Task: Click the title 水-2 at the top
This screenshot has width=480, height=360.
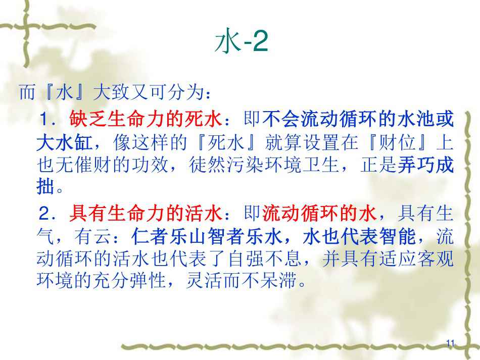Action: pyautogui.click(x=241, y=41)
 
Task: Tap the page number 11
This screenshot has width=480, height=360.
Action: pyautogui.click(x=450, y=343)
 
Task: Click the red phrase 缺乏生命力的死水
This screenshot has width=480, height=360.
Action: pyautogui.click(x=146, y=119)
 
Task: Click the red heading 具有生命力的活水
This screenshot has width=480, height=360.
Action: pyautogui.click(x=146, y=213)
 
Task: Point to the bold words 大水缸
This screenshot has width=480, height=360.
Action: pyautogui.click(x=65, y=142)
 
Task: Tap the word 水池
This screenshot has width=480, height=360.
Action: pyautogui.click(x=416, y=119)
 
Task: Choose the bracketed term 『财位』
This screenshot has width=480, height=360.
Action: pyautogui.click(x=397, y=142)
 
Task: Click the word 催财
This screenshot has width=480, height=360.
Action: pyautogui.click(x=93, y=165)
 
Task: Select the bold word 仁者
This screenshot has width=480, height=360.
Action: pyautogui.click(x=150, y=236)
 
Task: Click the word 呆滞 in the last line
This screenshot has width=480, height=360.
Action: pyautogui.click(x=280, y=280)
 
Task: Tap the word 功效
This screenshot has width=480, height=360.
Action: pyautogui.click(x=150, y=165)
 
